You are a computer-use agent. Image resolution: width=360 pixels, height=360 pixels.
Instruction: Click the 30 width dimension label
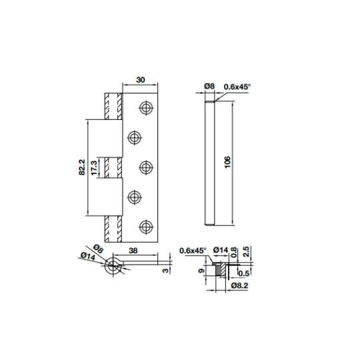[x=141, y=80]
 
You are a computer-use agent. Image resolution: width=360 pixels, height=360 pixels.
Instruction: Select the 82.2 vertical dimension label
[x=82, y=167]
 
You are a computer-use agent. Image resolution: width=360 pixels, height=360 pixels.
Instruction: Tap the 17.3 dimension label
[x=95, y=167]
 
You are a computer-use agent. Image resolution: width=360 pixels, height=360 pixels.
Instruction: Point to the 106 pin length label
[x=227, y=162]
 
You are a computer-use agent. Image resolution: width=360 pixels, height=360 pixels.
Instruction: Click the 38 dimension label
[x=133, y=251]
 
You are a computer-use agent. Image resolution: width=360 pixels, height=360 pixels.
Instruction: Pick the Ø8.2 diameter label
[x=239, y=285]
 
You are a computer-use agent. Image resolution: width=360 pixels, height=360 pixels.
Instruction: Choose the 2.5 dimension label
[x=245, y=251]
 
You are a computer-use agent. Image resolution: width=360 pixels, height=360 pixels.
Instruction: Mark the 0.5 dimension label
[x=244, y=273]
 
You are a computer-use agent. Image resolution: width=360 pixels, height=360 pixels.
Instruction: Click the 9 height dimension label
[x=201, y=271]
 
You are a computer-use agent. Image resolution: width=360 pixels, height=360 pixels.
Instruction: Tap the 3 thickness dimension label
[x=165, y=271]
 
